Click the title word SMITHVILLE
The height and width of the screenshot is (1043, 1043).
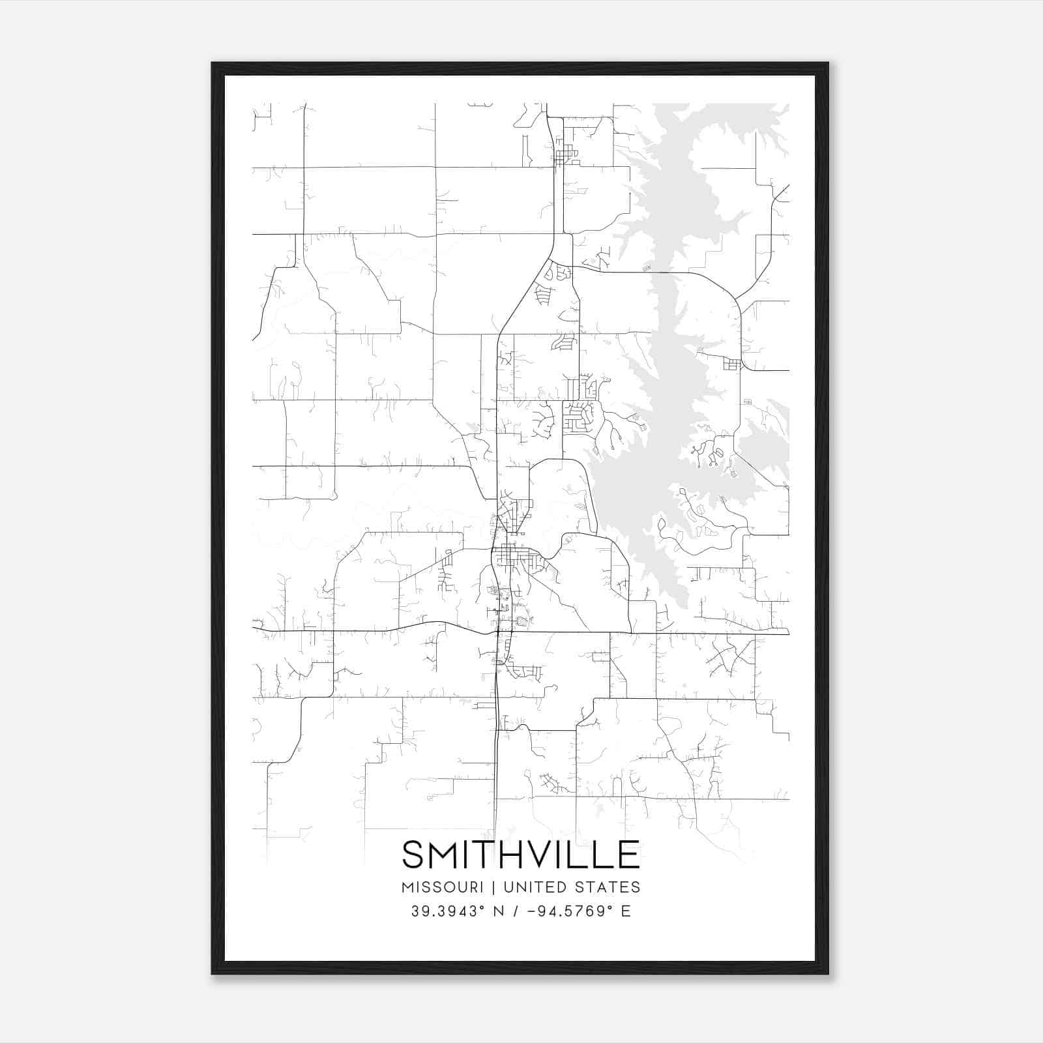tap(521, 855)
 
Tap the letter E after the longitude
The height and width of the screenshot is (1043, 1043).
tap(626, 911)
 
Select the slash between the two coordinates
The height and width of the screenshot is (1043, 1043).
tap(516, 911)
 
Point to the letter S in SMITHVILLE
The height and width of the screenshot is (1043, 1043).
tap(414, 855)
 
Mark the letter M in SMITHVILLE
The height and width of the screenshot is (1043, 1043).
tap(443, 855)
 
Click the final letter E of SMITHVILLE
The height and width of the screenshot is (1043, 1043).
tap(628, 855)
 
